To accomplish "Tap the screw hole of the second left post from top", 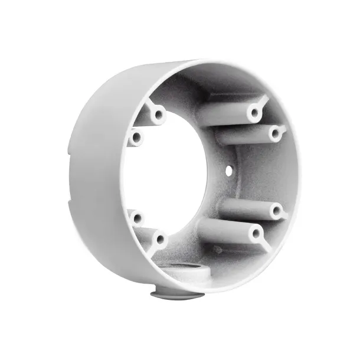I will (137, 138).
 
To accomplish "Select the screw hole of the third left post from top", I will (136, 218).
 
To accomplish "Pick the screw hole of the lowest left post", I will (159, 239).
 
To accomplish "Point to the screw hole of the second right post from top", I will (274, 133).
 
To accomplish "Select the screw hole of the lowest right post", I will (256, 234).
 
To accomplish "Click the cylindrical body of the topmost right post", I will (227, 113).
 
